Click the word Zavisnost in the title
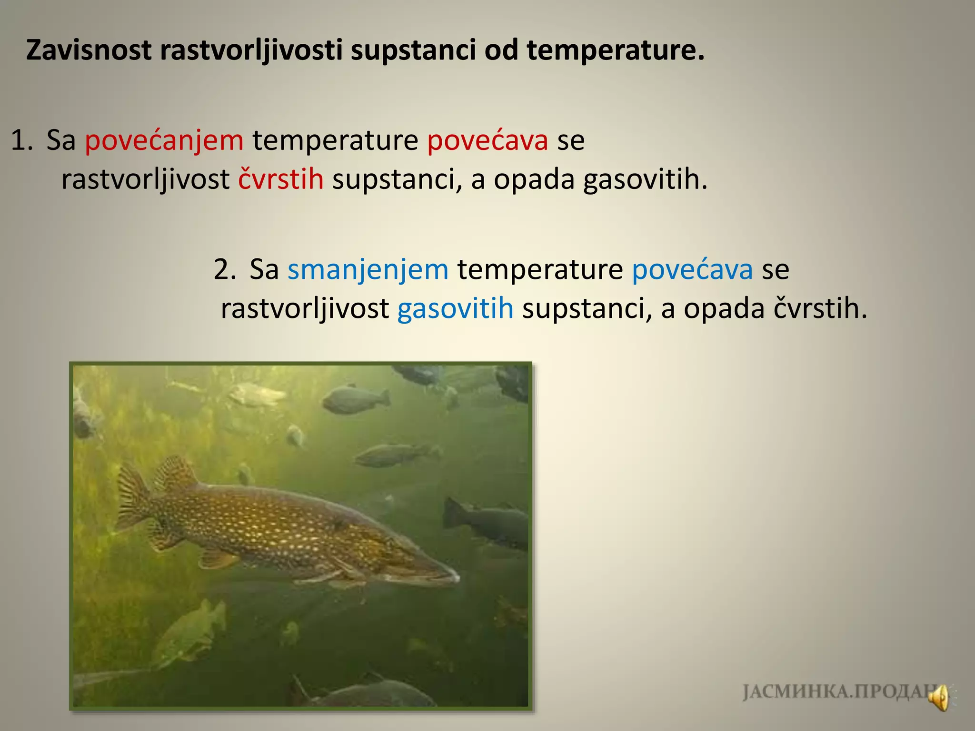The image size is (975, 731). click(89, 50)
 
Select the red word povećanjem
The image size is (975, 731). click(164, 141)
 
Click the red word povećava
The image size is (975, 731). click(487, 141)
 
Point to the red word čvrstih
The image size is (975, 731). click(281, 180)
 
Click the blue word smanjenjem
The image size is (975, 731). click(368, 270)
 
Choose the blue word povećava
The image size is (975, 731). click(692, 270)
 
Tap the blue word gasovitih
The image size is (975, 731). click(455, 309)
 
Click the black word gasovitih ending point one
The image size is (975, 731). click(645, 180)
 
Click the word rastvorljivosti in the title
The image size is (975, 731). click(251, 51)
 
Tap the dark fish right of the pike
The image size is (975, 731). click(490, 524)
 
